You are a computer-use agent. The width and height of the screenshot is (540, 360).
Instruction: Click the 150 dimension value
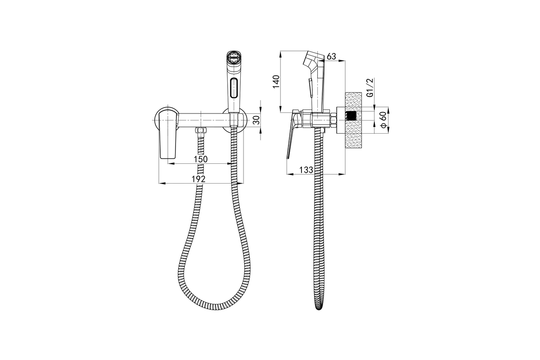pyautogui.click(x=201, y=159)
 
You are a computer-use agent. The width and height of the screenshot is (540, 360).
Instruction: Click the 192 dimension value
pyautogui.click(x=198, y=179)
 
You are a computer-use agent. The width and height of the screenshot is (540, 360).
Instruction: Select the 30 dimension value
pyautogui.click(x=257, y=120)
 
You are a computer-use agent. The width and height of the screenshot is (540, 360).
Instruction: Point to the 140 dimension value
pyautogui.click(x=276, y=82)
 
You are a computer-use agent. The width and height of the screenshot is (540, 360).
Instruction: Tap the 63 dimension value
pyautogui.click(x=332, y=56)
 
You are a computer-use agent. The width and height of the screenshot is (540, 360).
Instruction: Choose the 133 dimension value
pyautogui.click(x=306, y=170)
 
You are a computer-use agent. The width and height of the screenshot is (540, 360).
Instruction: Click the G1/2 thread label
pyautogui.click(x=370, y=88)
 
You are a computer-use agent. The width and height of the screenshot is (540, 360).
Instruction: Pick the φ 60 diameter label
pyautogui.click(x=383, y=120)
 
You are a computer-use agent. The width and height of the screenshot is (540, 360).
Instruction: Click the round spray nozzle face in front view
pyautogui.click(x=234, y=58)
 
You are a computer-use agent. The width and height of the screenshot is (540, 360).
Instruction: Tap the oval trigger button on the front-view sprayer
pyautogui.click(x=234, y=88)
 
